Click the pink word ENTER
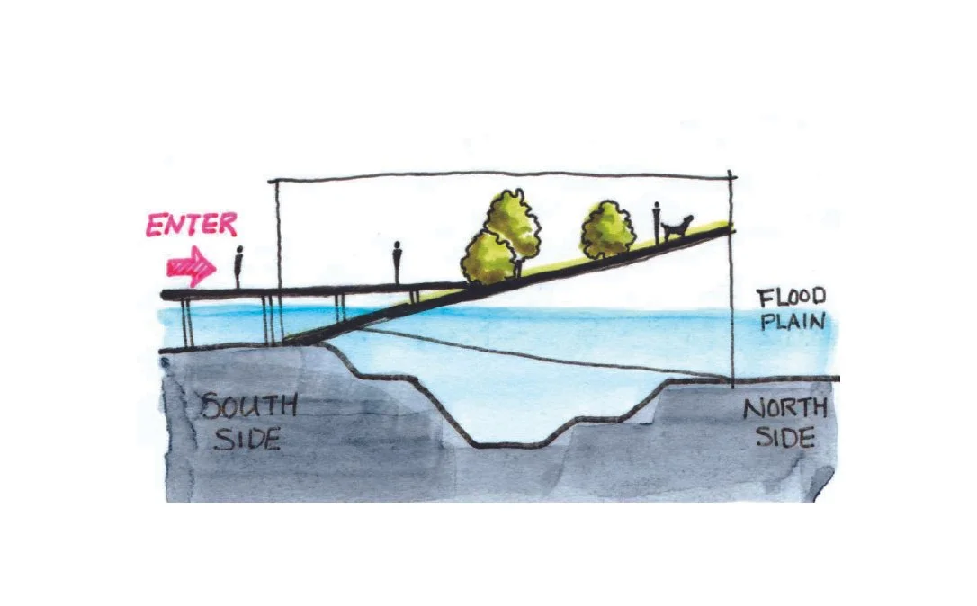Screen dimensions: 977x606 point(191,225)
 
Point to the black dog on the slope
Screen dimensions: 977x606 point(678,227)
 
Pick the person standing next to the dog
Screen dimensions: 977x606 point(657,221)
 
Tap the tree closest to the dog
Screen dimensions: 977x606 point(608,229)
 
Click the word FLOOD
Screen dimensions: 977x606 point(791,298)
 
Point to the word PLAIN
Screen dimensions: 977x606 point(792,320)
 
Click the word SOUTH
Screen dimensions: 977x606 point(248,406)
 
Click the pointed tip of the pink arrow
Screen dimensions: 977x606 point(216,267)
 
